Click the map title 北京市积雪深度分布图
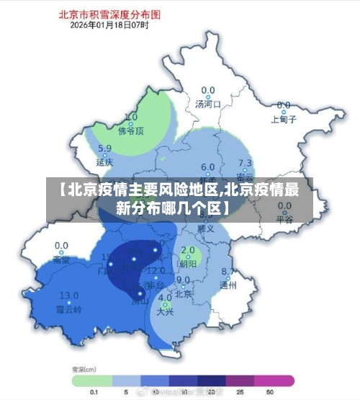pyautogui.click(x=109, y=14)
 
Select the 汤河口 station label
pyautogui.click(x=208, y=104)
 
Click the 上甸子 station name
pyautogui.click(x=283, y=119)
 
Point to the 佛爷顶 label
pyautogui.click(x=131, y=131)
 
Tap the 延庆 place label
pyautogui.click(x=104, y=163)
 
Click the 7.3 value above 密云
pyautogui.click(x=245, y=164)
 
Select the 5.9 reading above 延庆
pyautogui.click(x=104, y=149)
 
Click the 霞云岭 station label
pyautogui.click(x=69, y=308)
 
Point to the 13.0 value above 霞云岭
pyautogui.click(x=69, y=295)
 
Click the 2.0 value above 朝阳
pyautogui.click(x=189, y=251)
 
